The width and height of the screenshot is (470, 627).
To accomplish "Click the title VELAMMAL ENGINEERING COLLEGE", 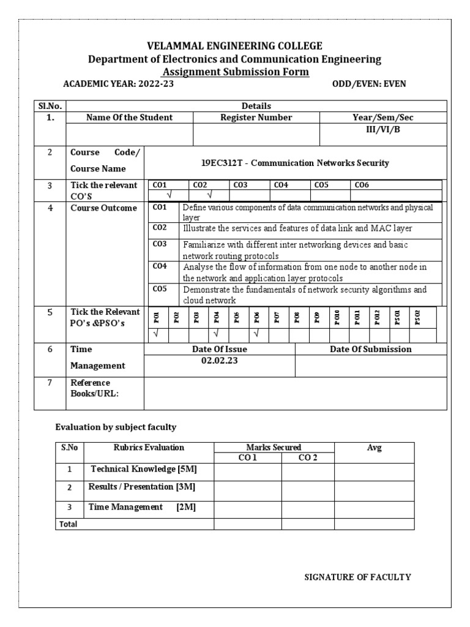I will pos(235,47).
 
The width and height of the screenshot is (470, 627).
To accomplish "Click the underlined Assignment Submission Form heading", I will pos(235,72).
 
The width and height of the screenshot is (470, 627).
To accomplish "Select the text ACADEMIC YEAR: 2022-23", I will pos(119,84).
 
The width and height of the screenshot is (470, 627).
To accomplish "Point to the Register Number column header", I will pos(256,118).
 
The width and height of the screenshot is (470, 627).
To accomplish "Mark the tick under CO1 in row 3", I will pos(169,195).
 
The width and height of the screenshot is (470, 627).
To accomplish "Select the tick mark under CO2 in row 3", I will pos(209,195).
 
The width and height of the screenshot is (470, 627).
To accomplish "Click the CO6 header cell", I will pos(362,184).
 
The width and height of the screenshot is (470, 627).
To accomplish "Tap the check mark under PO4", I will pos(217,334).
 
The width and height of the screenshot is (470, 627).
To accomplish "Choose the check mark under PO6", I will pos(257,334).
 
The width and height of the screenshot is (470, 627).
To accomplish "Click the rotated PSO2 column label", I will pos(418,317).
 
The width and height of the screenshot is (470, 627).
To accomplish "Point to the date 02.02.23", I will pos(220,361).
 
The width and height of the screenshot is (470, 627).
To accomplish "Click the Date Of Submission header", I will pos(371,349).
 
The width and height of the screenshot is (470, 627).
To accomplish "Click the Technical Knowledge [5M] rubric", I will pos(144,469).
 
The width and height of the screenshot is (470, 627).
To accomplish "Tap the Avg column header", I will pos(374,448).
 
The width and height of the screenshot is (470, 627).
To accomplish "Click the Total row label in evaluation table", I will pos(69,524).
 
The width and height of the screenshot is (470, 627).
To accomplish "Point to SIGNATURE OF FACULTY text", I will pos(358,577).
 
